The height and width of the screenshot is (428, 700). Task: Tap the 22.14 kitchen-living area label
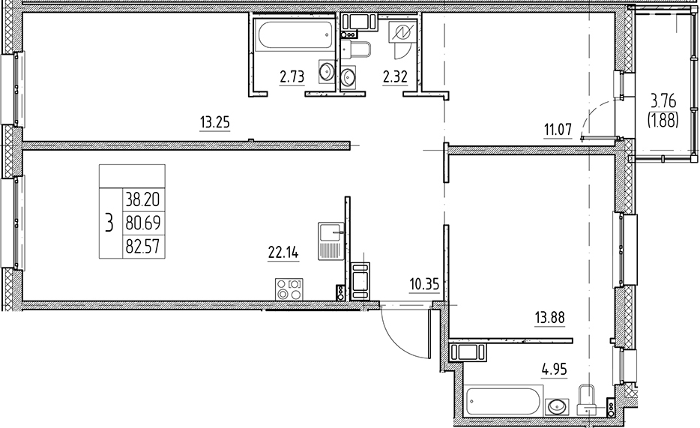tap(283, 253)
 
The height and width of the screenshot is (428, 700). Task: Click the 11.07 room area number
tap(558, 130)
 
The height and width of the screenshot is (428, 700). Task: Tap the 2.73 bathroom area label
tap(292, 75)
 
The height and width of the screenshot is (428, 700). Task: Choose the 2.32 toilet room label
tap(394, 75)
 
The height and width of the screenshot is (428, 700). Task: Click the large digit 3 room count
tap(109, 222)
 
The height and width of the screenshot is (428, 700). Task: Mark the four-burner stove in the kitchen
tap(290, 289)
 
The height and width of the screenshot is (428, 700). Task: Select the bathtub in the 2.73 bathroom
tap(293, 35)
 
